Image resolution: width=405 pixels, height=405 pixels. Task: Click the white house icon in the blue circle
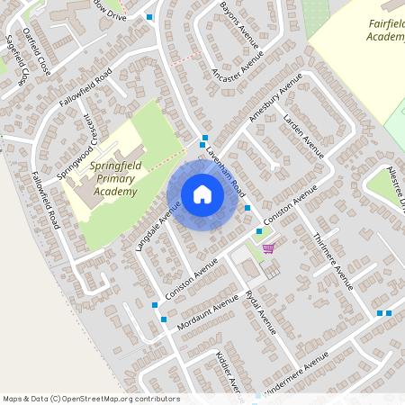click(202, 193)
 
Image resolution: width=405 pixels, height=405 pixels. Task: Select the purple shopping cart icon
click(268, 247)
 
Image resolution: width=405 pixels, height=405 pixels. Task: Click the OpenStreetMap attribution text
click(91, 399)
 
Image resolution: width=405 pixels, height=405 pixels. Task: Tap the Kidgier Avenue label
click(226, 369)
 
